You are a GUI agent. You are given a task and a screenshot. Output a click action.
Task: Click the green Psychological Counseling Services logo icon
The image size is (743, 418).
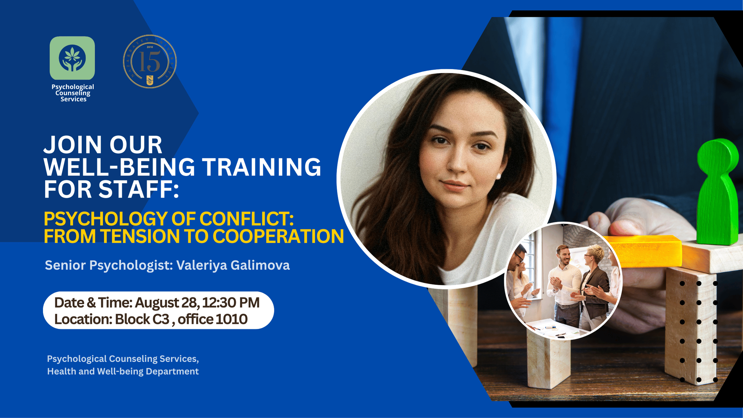pyautogui.click(x=72, y=58)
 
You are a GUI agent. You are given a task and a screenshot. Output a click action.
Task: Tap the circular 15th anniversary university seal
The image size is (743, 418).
pyautogui.click(x=150, y=61)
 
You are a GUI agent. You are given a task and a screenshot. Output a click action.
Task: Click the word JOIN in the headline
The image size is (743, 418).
pyautogui.click(x=73, y=145)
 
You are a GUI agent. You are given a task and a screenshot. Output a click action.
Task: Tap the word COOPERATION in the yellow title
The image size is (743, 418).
pyautogui.click(x=278, y=236)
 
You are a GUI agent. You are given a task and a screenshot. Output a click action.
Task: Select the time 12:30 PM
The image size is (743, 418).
pyautogui.click(x=231, y=303)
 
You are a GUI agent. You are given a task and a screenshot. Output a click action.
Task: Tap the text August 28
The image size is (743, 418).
pyautogui.click(x=167, y=303)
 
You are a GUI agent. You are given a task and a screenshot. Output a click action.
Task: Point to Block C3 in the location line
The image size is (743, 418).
pyautogui.click(x=142, y=319)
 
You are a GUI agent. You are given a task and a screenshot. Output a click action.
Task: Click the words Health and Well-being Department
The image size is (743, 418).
pyautogui.click(x=123, y=371)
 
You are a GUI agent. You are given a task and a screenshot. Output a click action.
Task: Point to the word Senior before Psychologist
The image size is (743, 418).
pyautogui.click(x=65, y=265)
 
